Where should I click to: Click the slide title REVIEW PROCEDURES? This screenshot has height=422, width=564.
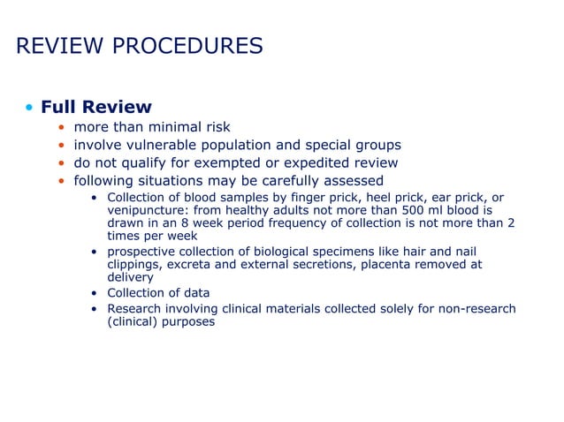click(139, 46)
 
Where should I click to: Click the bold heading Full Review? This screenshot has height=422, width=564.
click(96, 108)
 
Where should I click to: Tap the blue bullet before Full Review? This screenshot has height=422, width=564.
click(30, 109)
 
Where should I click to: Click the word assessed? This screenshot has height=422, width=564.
click(350, 181)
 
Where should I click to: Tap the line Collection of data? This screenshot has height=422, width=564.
click(158, 293)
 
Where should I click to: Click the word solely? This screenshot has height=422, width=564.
click(390, 308)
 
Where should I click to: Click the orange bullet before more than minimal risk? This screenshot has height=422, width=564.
click(61, 128)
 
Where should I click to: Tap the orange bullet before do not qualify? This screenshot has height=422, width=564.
click(61, 164)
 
